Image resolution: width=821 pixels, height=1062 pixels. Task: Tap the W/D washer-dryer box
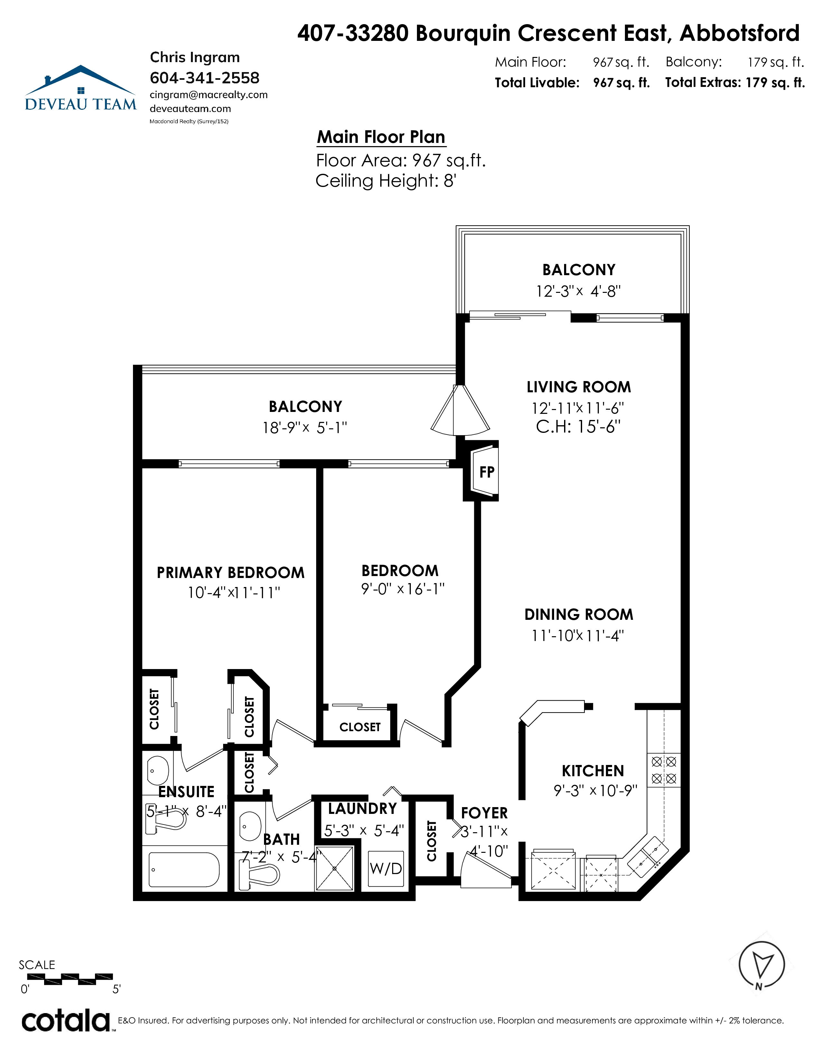pyautogui.click(x=386, y=869)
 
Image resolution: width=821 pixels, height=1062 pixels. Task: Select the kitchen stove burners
pyautogui.click(x=664, y=770)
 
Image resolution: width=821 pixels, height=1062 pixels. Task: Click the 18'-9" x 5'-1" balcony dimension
pyautogui.click(x=305, y=427)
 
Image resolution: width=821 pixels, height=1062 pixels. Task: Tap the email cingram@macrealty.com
pyautogui.click(x=209, y=95)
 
